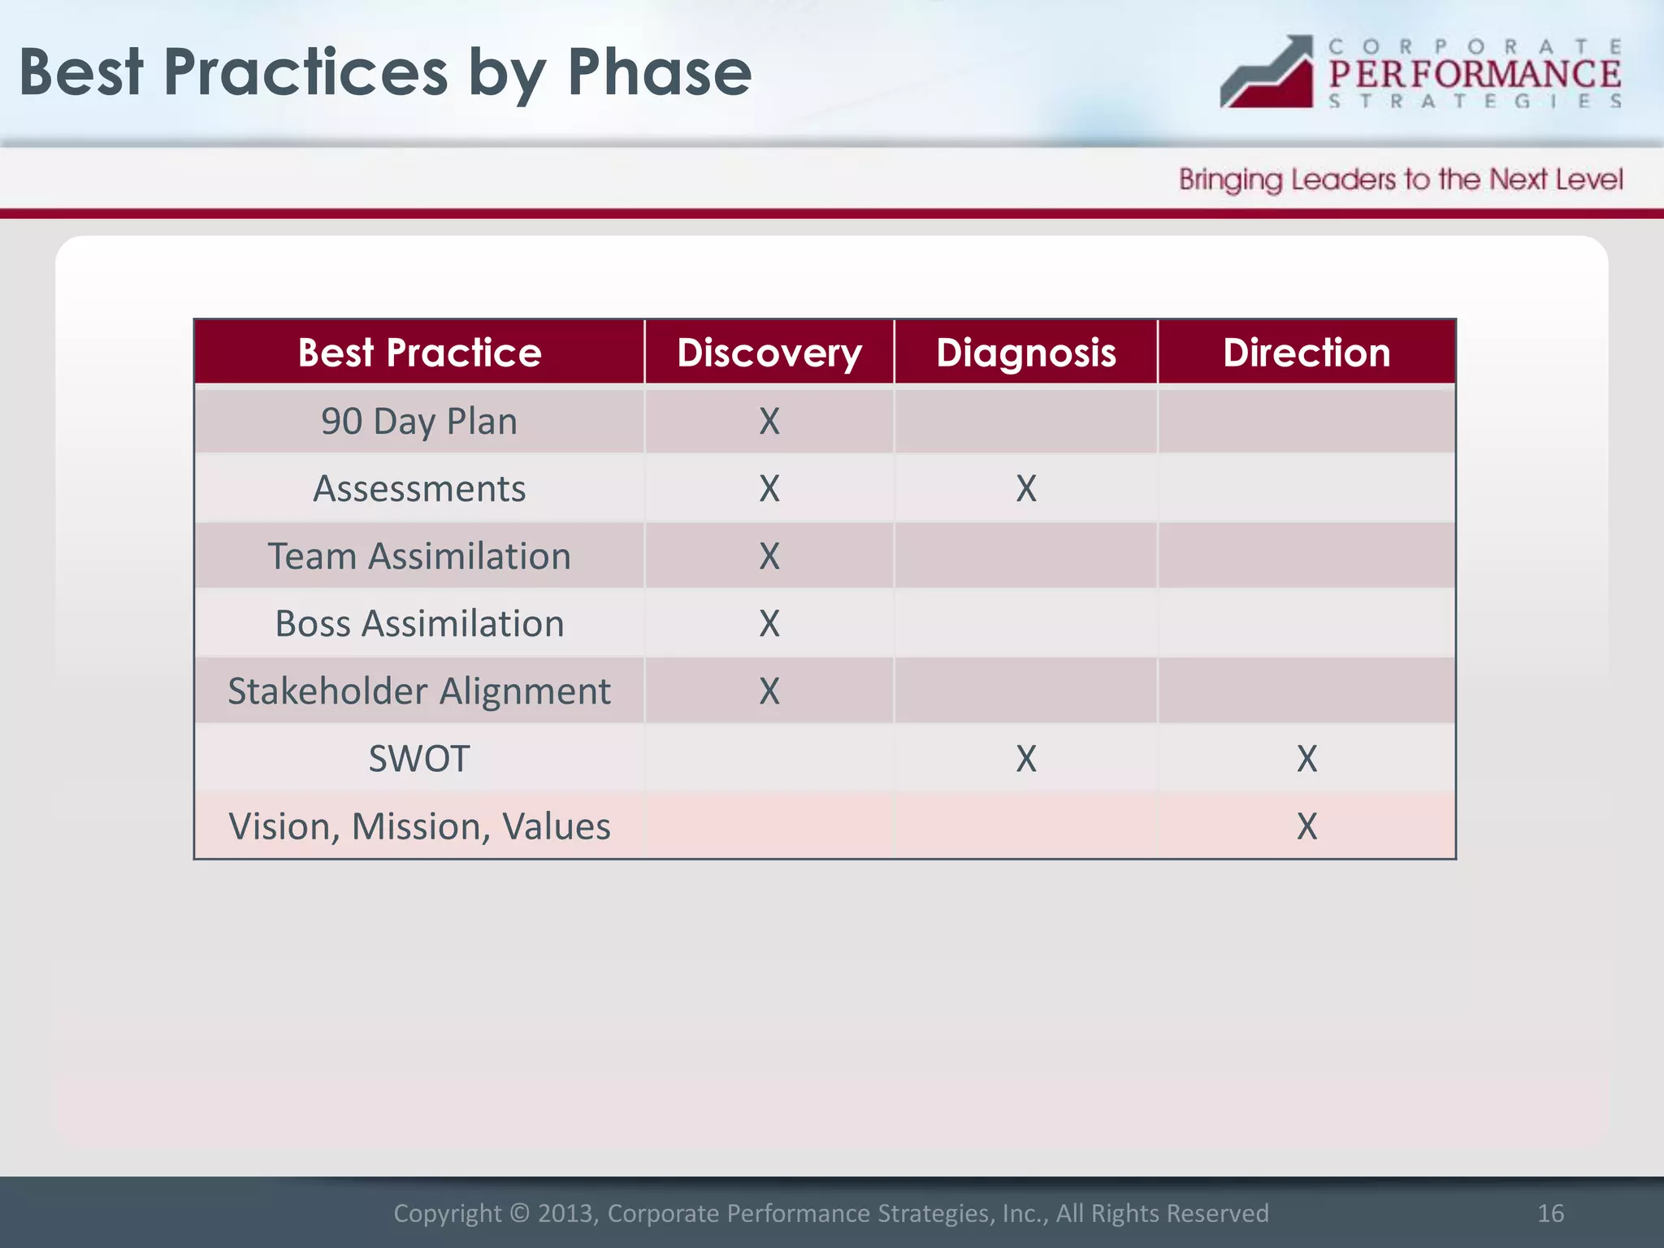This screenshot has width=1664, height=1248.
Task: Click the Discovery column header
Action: point(769,353)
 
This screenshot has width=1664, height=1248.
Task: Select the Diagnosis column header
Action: point(1025,353)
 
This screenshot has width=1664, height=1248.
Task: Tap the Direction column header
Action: point(1306,353)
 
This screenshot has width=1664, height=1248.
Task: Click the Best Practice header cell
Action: point(419,353)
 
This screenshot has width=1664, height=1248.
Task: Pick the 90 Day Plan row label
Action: point(419,421)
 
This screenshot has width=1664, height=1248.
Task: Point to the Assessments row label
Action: point(419,488)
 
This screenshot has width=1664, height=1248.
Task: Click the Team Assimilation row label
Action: point(419,556)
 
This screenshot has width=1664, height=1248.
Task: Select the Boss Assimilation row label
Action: point(419,623)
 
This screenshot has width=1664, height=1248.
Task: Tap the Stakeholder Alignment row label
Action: point(419,691)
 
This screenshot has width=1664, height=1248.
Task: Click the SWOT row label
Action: point(419,758)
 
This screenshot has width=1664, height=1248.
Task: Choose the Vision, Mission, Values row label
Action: point(419,825)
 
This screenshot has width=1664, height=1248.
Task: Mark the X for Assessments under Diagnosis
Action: point(1026,488)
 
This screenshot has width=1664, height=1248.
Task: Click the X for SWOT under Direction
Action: point(1306,758)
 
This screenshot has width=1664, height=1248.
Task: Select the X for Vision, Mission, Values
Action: point(1306,825)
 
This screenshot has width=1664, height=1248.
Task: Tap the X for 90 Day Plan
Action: point(769,421)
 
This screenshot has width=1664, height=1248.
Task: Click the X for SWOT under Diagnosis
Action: point(1026,758)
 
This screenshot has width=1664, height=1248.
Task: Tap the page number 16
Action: point(1550,1213)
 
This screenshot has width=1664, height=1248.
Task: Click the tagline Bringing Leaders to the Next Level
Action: point(1401,179)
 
